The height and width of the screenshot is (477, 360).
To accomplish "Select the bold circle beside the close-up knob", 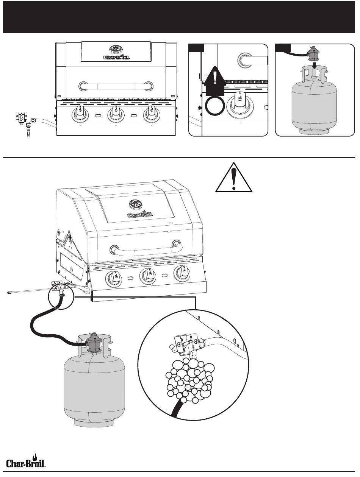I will pos(215,106).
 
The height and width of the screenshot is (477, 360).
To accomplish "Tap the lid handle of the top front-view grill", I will pos(116,86).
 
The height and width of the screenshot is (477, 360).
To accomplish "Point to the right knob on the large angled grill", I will pos(182,273).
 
